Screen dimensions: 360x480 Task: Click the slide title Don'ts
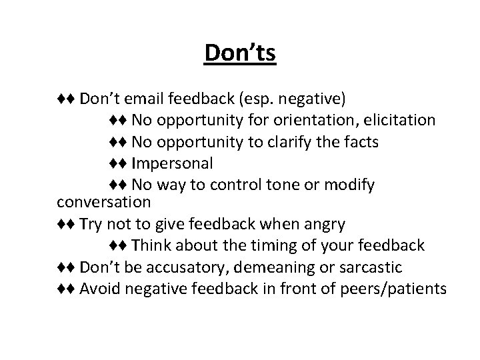pos(240,53)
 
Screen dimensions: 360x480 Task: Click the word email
pos(139,99)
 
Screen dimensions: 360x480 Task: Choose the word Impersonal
pos(173,163)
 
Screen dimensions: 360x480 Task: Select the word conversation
pos(104,201)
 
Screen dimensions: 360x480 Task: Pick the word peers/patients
pos(387,288)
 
